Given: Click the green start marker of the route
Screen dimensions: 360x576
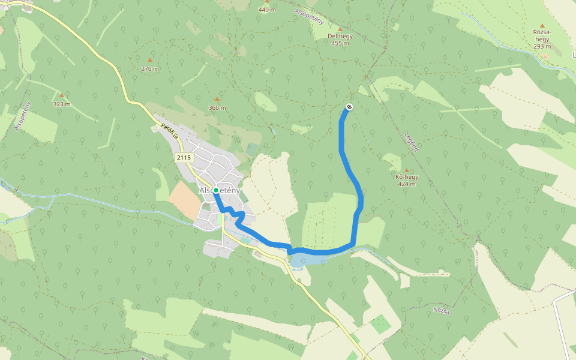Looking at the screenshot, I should (216, 190).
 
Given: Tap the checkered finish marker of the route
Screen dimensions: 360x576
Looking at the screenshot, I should (349, 107).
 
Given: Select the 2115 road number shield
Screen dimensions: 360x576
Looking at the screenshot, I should (184, 157).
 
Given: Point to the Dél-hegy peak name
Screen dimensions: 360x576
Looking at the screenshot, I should (340, 36).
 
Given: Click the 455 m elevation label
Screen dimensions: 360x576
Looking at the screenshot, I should (340, 43).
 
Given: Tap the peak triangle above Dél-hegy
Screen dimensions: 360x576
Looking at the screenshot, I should (340, 29).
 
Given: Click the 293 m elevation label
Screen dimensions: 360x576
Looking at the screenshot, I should (542, 46).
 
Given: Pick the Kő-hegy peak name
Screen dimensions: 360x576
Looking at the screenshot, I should (407, 177).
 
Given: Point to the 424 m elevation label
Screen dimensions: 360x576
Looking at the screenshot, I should (407, 184).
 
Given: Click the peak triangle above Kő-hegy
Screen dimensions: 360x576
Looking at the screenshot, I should (407, 170).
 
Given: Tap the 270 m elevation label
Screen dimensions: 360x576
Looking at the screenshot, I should (150, 68).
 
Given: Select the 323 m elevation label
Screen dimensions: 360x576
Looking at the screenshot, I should (61, 104).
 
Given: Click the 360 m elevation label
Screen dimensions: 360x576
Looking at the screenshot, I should (217, 107).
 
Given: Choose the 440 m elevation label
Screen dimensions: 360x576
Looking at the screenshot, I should (267, 10).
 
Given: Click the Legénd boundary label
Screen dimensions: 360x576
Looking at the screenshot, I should (411, 142).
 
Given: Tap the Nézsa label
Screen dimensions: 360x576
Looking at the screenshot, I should (441, 311).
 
